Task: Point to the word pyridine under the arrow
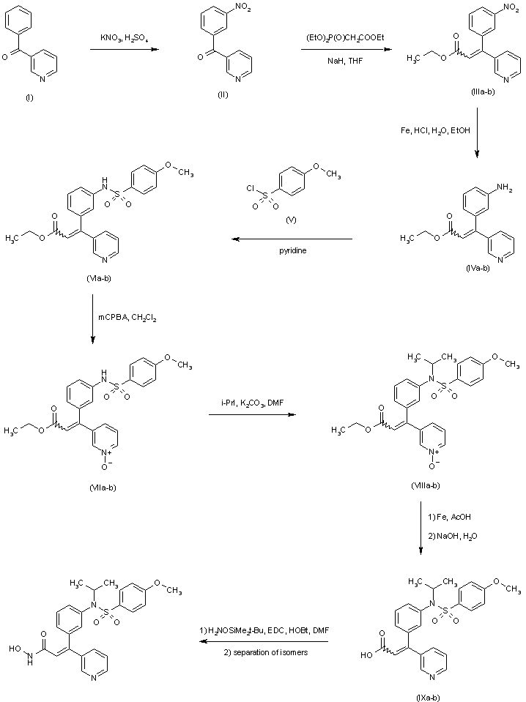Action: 292,251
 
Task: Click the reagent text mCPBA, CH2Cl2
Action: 127,317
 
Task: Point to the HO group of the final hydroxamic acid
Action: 15,646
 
